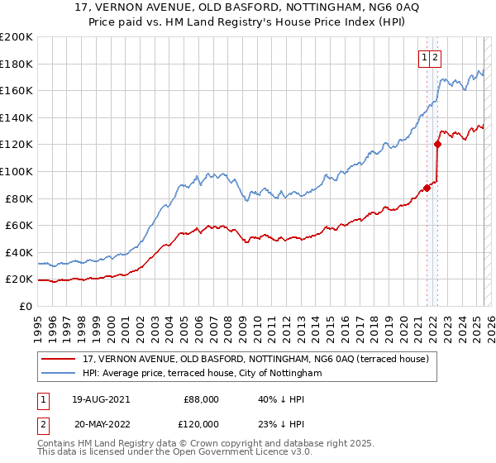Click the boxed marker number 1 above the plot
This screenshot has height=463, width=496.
click(424, 58)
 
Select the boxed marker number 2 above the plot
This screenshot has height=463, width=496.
click(435, 58)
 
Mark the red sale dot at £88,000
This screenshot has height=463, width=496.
click(427, 188)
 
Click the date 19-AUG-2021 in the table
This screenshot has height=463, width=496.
click(102, 399)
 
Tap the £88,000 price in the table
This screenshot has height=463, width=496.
click(200, 399)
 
